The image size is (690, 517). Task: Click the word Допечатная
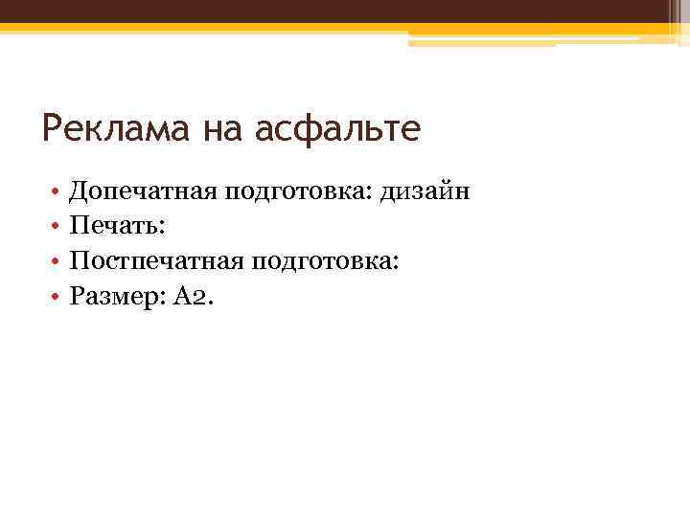click(x=144, y=192)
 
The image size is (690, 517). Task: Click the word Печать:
click(x=118, y=227)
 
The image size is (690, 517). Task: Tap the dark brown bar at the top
click(x=345, y=11)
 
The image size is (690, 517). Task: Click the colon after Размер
click(x=164, y=299)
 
